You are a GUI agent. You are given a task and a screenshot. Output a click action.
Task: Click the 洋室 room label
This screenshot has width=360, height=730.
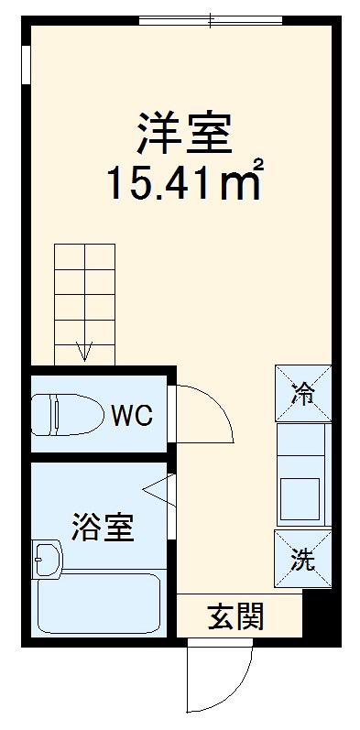[x=184, y=133]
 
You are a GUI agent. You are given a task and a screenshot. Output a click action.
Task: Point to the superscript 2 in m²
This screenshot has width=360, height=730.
[x=259, y=166]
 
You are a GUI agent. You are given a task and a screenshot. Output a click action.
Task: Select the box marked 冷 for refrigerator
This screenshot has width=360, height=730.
[x=301, y=394]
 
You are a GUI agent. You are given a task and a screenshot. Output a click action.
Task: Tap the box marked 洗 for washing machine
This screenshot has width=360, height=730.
[x=301, y=558]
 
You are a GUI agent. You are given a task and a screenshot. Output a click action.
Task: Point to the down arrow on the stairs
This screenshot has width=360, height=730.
[x=84, y=351]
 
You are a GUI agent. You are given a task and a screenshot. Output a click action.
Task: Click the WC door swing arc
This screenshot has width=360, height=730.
[x=209, y=412]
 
